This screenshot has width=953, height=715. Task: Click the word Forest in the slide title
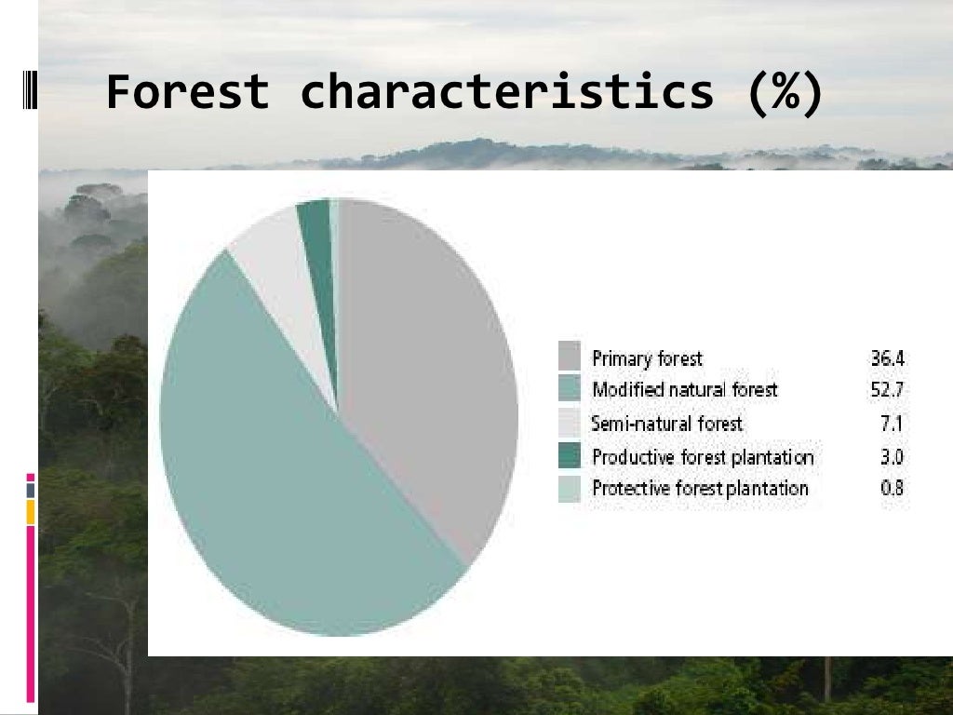click(x=187, y=93)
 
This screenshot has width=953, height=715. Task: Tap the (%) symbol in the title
click(x=785, y=93)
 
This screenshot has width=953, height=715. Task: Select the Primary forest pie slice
click(x=428, y=372)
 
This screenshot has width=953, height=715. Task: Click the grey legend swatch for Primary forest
click(x=569, y=356)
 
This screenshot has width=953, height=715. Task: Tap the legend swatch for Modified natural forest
click(x=569, y=388)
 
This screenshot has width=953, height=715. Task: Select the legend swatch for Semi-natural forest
click(x=569, y=423)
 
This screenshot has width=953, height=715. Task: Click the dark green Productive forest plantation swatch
click(x=569, y=456)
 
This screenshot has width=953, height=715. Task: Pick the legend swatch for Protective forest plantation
click(x=569, y=488)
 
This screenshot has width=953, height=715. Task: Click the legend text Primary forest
click(x=647, y=358)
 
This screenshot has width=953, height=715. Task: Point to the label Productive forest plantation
click(x=703, y=457)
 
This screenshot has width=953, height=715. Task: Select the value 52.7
click(x=888, y=390)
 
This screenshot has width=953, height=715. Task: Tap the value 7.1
click(x=893, y=425)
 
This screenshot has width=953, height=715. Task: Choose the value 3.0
click(x=892, y=457)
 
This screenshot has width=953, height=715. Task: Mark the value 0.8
click(x=892, y=488)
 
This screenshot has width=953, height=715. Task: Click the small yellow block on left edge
click(x=31, y=511)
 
